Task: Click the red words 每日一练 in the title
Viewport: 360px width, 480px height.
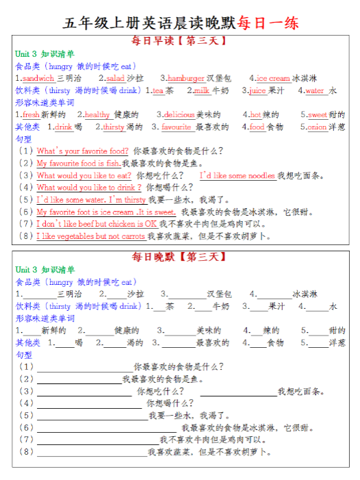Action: coord(268,22)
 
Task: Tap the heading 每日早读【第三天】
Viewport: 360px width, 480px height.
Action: coord(179,41)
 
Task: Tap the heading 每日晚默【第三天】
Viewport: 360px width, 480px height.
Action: coord(179,257)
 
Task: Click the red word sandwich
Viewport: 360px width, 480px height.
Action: coord(38,79)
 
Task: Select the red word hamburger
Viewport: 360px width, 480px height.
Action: coord(186,79)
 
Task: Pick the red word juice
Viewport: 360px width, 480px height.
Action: coord(257,90)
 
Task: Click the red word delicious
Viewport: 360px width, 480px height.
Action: coord(179,115)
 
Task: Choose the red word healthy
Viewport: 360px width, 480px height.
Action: coord(97,115)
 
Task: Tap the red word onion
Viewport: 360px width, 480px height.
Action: coord(317,127)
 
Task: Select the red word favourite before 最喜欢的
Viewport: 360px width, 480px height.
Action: coord(177,127)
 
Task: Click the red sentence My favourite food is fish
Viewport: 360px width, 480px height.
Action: coord(79,164)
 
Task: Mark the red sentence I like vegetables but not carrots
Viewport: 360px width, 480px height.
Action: coord(91,236)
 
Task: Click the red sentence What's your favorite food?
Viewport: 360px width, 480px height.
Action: coord(82,151)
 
